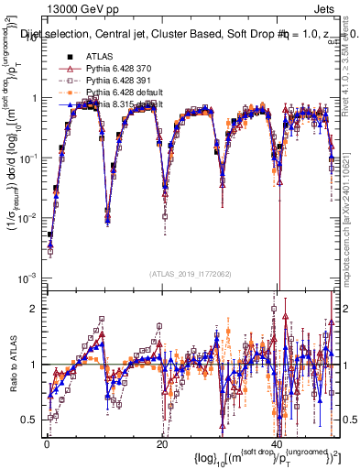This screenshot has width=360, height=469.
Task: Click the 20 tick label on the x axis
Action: pyautogui.click(x=161, y=444)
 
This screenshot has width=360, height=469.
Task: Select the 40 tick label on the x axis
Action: pyautogui.click(x=277, y=444)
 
